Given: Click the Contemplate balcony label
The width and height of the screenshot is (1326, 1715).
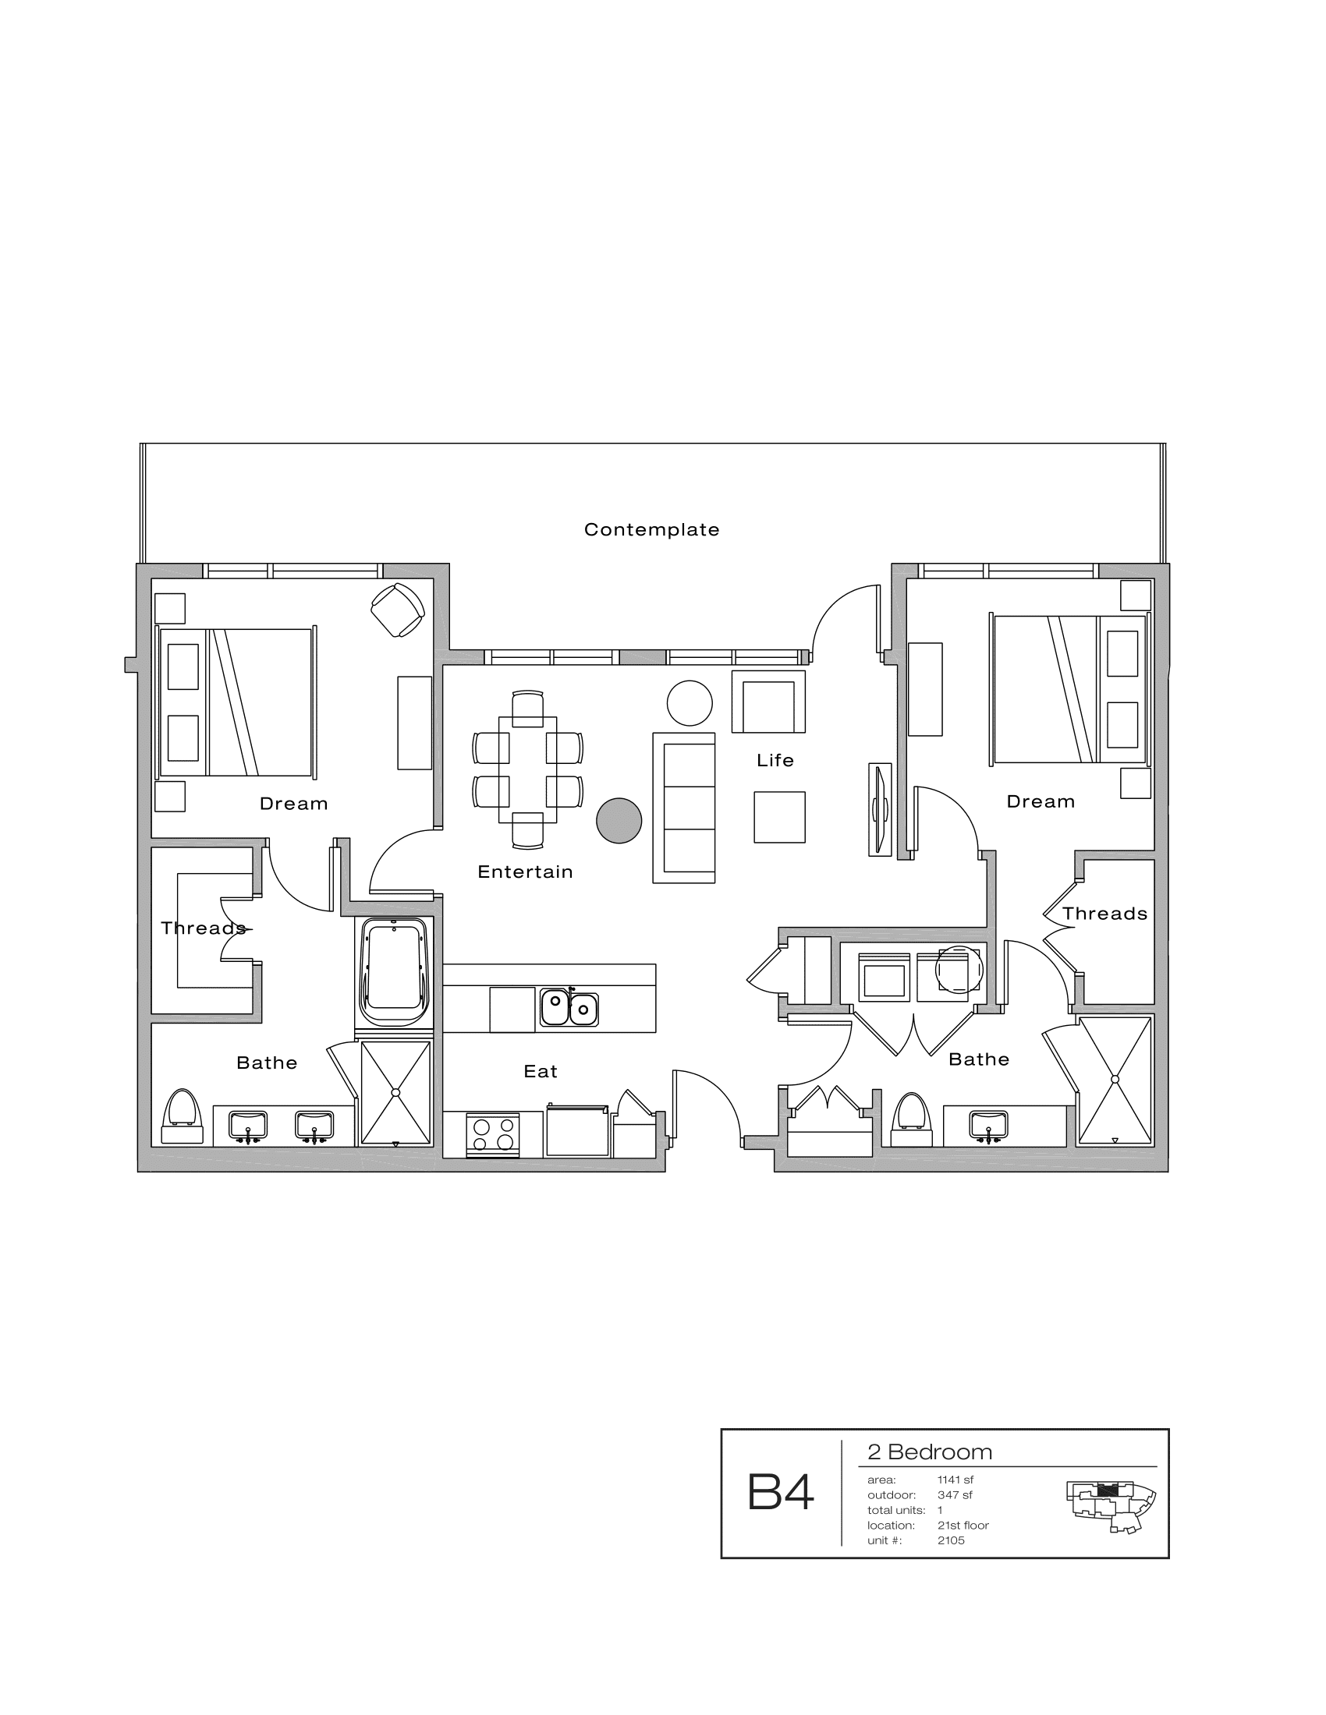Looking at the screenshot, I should tap(651, 530).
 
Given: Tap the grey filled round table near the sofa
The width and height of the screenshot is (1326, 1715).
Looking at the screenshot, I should tap(619, 821).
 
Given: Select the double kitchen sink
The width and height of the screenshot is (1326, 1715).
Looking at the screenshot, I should tap(569, 1008).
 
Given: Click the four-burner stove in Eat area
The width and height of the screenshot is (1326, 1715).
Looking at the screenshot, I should tap(493, 1136).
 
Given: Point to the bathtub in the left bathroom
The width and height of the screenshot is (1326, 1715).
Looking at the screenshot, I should tap(395, 971).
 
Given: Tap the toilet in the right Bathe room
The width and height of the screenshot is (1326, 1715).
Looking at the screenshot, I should tap(912, 1119).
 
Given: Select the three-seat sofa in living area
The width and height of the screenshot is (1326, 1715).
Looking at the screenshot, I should tap(684, 808).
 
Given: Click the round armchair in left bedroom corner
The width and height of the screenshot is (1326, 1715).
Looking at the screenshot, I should tap(398, 610).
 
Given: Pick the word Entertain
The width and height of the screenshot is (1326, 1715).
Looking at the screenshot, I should tap(525, 872).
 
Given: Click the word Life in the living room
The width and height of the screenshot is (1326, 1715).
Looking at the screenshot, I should tap(775, 761).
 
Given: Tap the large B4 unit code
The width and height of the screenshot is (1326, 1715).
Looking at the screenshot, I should tap(780, 1492).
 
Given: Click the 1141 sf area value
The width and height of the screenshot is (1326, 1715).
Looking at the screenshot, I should tap(955, 1480).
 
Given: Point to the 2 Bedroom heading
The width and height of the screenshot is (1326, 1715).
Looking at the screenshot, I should tap(929, 1452).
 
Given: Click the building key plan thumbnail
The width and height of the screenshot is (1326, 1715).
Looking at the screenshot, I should tap(1110, 1506).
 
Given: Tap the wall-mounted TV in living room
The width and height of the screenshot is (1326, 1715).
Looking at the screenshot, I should tap(880, 809).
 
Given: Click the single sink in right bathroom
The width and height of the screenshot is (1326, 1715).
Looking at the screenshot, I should tap(988, 1124).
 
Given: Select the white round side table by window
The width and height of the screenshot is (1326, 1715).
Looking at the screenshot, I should tap(690, 703).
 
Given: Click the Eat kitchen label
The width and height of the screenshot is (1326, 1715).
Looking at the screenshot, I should tap(541, 1072).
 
